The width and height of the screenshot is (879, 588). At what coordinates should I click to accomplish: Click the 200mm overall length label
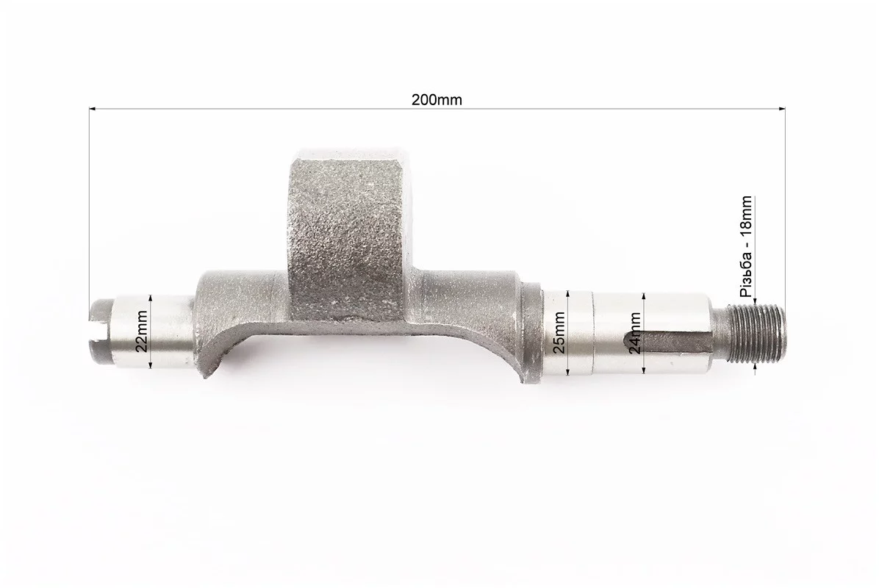click(437, 100)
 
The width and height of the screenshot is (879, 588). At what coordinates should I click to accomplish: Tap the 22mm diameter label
click(143, 331)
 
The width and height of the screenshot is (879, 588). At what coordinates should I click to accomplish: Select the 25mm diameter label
click(559, 331)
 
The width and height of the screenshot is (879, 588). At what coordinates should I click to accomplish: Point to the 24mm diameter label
click(635, 333)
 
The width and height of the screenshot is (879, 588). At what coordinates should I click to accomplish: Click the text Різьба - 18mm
click(745, 247)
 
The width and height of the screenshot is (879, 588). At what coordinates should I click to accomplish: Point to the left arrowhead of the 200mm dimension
click(93, 107)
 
